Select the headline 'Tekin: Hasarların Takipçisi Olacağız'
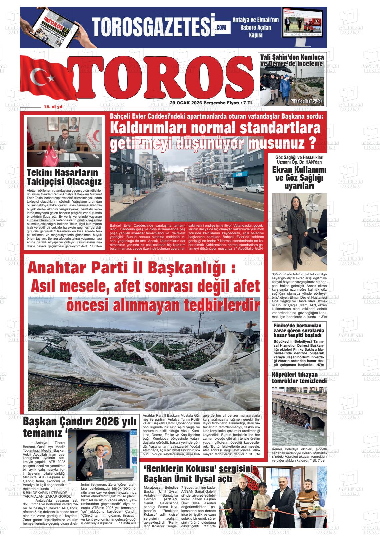[x=64, y=177]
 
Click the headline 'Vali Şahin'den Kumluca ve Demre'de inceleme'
[x=292, y=60]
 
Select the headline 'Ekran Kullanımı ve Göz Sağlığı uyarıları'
[x=299, y=178]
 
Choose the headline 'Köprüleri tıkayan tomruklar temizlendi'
[x=299, y=378]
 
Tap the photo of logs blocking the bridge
[x=299, y=414]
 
